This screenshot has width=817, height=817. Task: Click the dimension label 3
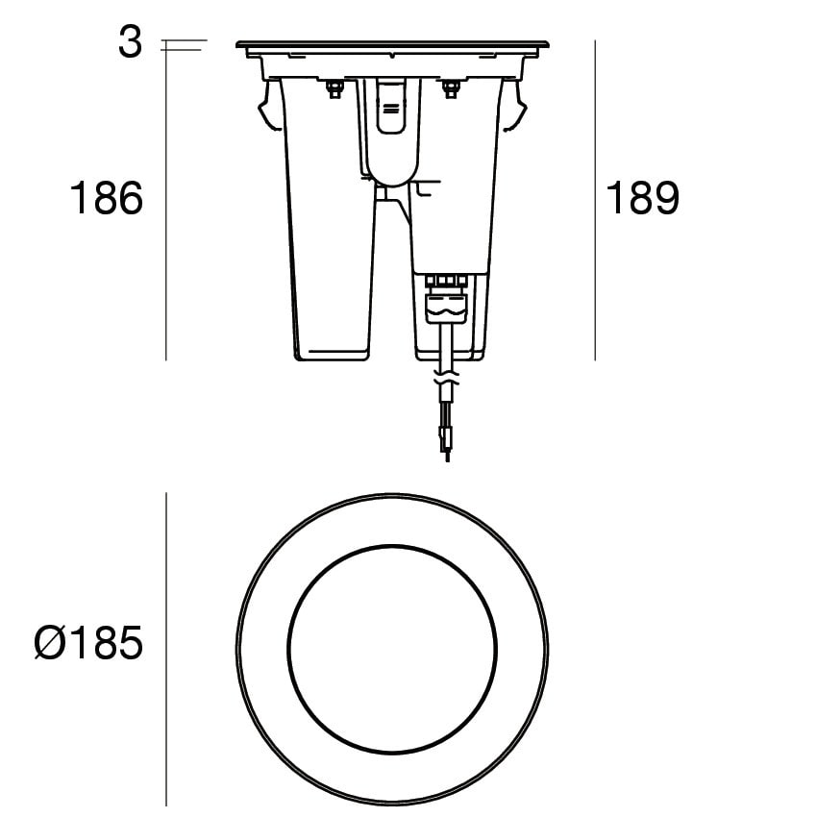131,42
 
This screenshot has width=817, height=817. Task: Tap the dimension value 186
107,198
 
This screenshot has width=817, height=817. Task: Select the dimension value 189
642,198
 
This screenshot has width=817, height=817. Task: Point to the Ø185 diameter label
88,642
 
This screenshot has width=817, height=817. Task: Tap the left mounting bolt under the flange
334,88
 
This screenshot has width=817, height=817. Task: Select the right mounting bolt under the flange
450,88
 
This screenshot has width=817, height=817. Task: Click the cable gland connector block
445,302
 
